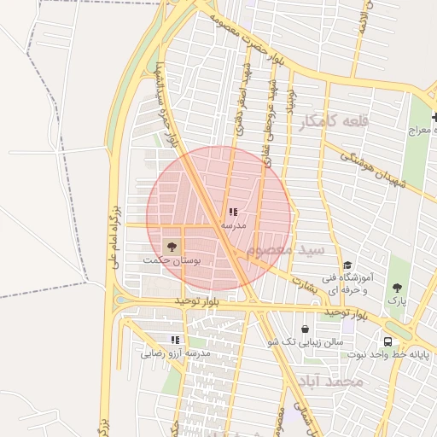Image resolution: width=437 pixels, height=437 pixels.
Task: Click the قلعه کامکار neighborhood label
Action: click(x=333, y=122)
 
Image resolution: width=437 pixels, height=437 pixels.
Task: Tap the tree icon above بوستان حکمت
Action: click(x=172, y=246)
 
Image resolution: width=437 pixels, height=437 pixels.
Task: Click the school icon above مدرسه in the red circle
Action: click(x=233, y=212)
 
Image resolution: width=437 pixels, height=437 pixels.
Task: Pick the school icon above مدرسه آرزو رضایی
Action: click(x=175, y=340)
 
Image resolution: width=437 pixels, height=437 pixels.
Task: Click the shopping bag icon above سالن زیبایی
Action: click(x=305, y=329)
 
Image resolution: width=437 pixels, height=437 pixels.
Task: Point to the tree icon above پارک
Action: click(x=397, y=287)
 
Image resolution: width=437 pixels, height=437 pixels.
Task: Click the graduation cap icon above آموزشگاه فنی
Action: click(x=347, y=265)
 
